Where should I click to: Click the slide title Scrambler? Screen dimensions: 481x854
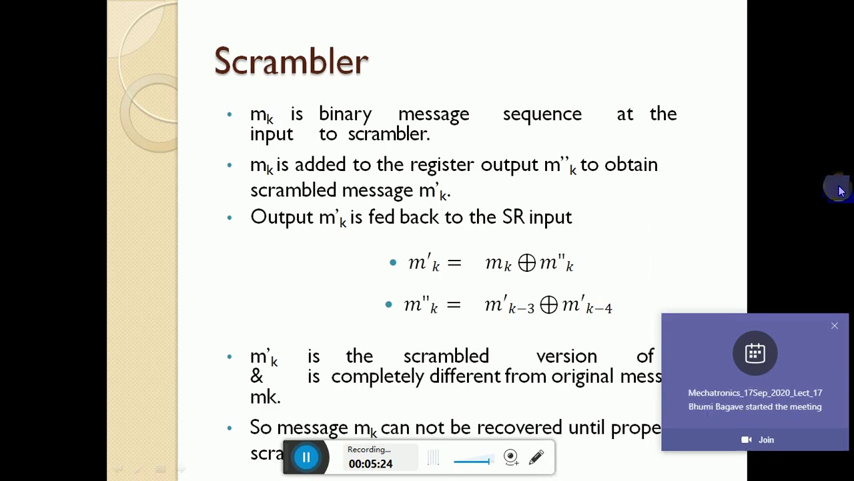click(291, 61)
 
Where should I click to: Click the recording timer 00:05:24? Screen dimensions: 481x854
click(370, 464)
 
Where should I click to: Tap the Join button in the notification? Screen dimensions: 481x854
click(758, 440)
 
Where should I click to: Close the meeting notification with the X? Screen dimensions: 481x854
click(834, 326)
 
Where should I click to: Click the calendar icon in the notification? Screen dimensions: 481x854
click(755, 353)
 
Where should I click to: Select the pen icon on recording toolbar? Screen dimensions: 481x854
click(536, 458)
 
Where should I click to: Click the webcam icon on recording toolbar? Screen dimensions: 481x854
click(511, 458)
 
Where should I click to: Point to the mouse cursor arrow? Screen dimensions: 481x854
click(841, 190)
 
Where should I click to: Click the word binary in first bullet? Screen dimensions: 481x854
click(345, 114)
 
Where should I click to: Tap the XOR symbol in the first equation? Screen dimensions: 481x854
click(526, 263)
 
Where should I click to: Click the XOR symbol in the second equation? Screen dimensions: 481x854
click(548, 305)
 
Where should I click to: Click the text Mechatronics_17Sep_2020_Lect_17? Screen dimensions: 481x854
click(755, 393)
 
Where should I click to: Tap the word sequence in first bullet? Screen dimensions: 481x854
click(542, 114)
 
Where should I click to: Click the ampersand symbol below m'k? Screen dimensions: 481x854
click(257, 376)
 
